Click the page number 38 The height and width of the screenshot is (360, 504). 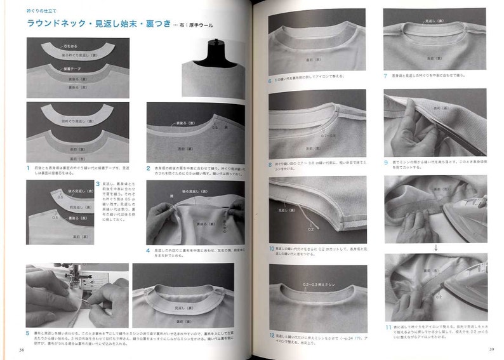tap(22, 349)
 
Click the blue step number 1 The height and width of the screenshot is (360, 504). tap(29, 168)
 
